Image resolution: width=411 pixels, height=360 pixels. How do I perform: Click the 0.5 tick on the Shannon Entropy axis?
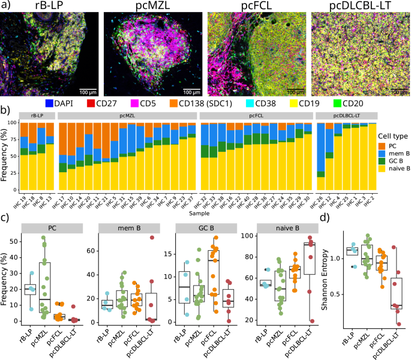[x=337, y=294]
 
